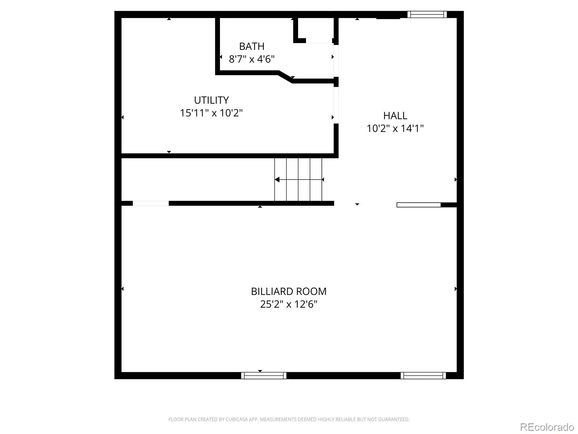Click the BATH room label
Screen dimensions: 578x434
[251, 46]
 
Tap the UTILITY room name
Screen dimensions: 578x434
[211, 100]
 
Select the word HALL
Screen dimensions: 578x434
[395, 116]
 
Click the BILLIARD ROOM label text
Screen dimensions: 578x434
[289, 292]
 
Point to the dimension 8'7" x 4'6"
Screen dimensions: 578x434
[251, 59]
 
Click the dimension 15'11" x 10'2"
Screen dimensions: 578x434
[211, 113]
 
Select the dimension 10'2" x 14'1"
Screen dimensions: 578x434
[395, 128]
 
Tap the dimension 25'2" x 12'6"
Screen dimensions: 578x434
[289, 304]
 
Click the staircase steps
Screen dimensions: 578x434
[298, 179]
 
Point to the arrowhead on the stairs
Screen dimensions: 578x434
[277, 179]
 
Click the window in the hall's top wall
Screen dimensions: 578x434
[427, 14]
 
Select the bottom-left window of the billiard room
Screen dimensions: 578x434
[264, 375]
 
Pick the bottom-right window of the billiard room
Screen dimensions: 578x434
[423, 375]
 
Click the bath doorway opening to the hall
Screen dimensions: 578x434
[336, 61]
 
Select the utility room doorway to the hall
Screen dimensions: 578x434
[336, 105]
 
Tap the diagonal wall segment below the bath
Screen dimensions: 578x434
[285, 77]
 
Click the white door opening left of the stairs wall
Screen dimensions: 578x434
[151, 203]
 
